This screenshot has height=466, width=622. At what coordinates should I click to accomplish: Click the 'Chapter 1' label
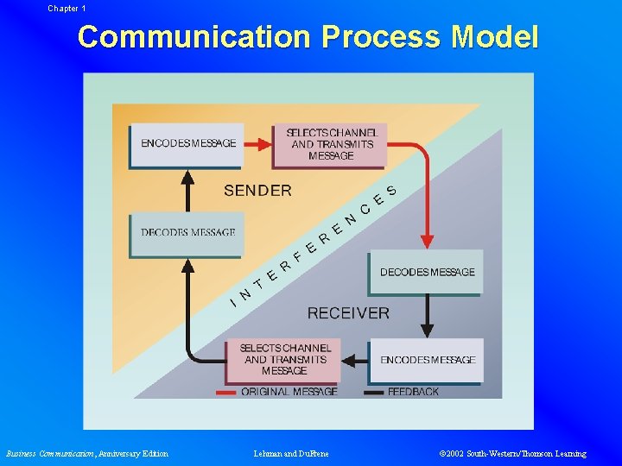[67, 8]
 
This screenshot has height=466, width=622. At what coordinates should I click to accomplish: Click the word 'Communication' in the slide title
[194, 37]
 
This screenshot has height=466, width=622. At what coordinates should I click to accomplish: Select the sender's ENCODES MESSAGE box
[187, 143]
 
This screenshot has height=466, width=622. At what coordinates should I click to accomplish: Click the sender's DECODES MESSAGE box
[187, 233]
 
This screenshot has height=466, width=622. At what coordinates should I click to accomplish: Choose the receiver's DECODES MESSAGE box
[427, 272]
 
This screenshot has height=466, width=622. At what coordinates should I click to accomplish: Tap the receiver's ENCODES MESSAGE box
[427, 360]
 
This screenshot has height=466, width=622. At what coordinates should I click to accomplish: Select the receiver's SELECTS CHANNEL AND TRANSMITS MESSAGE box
[284, 359]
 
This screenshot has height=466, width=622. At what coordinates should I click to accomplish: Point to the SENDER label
[257, 191]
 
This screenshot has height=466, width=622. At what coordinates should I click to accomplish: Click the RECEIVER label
[348, 313]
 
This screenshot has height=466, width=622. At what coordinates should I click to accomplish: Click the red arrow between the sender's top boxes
[257, 144]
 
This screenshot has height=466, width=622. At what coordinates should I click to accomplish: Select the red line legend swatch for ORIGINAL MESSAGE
[225, 393]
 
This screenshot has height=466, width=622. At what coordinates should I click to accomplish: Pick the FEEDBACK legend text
[413, 392]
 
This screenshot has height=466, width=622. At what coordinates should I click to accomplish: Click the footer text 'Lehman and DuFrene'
[291, 454]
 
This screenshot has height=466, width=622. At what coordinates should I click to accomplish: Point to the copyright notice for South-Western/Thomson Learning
[512, 454]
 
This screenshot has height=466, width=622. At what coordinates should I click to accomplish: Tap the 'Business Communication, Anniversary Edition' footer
[87, 454]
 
